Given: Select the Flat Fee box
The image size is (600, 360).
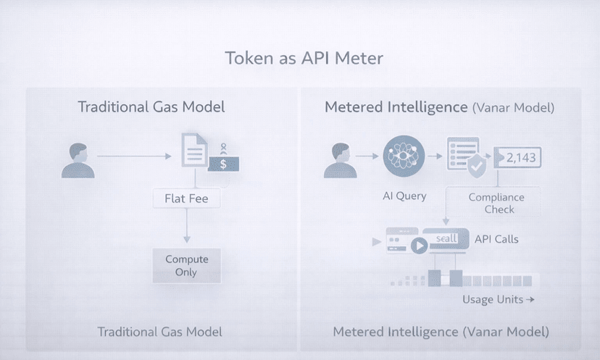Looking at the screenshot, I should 186,198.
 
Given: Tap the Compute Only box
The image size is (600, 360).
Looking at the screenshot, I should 186,265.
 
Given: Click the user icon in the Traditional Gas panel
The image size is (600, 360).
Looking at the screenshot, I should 78,160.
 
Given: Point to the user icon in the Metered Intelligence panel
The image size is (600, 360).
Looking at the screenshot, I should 340,160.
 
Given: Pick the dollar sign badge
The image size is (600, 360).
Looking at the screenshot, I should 223,164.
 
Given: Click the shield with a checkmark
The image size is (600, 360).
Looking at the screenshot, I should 476,167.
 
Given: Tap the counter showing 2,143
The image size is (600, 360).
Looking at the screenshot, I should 518,157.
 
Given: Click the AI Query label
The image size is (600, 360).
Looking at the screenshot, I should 405,196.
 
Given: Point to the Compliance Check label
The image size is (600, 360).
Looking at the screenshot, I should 496,203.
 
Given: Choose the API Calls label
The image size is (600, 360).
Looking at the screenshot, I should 496,239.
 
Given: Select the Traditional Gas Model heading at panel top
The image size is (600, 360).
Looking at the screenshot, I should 151,107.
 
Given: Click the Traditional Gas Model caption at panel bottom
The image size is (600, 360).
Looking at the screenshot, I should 160,332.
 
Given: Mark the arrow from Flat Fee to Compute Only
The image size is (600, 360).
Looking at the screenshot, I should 186,226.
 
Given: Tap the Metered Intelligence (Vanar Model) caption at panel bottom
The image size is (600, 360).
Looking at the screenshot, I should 441,332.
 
